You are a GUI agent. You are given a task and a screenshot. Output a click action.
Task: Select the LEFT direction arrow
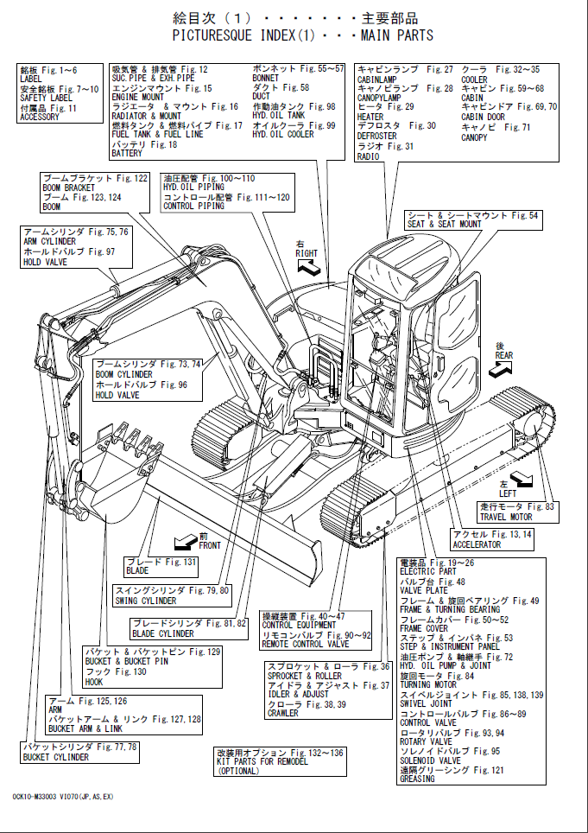click(522, 478)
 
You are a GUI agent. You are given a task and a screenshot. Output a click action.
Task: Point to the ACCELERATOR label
click(477, 545)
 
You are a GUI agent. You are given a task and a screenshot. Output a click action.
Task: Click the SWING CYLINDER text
click(145, 601)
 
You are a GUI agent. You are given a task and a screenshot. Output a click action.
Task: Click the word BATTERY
click(127, 154)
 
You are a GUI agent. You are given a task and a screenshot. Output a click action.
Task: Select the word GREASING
click(417, 779)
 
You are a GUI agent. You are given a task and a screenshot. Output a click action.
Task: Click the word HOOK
click(94, 682)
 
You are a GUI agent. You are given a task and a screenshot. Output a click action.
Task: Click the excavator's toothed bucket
click(121, 472)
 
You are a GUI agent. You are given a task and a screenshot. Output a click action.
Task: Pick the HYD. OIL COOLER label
click(283, 135)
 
